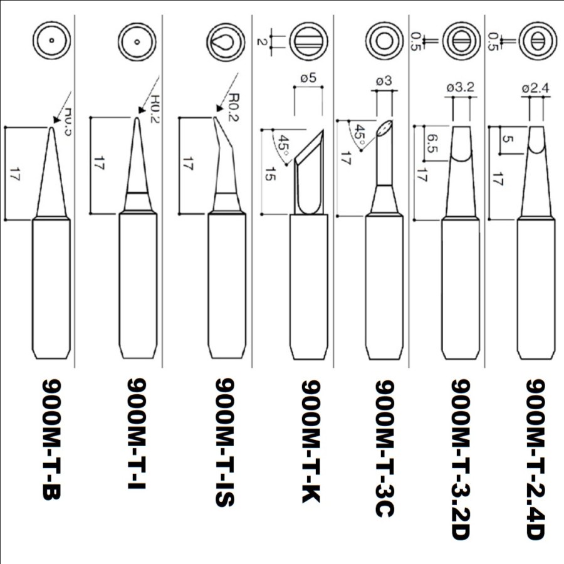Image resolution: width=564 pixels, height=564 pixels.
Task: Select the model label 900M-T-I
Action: (137, 435)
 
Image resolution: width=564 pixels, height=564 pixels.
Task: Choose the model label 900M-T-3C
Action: (385, 449)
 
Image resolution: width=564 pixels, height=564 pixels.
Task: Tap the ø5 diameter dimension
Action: (308, 79)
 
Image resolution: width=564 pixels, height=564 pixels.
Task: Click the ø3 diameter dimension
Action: (384, 81)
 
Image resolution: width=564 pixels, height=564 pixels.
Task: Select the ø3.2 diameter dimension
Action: (461, 88)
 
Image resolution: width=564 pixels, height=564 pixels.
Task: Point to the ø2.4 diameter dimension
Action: (535, 88)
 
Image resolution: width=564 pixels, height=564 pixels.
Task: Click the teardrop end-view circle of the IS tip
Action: (225, 43)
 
